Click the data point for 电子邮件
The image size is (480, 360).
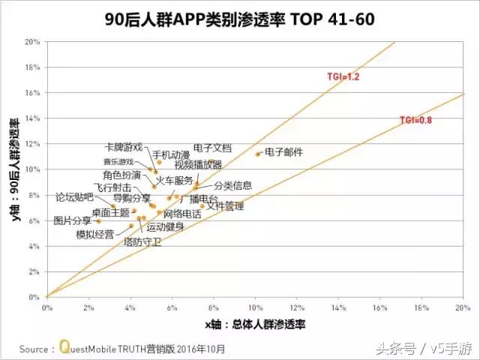coord(258,154)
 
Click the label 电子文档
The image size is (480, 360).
coord(212,148)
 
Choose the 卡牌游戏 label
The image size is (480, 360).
coord(123,148)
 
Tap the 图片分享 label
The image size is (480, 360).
coord(73,220)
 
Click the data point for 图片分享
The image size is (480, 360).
coord(98,221)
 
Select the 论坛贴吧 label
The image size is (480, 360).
coord(74,197)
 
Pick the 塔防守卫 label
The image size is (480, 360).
coord(142,241)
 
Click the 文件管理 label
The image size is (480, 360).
coord(225,205)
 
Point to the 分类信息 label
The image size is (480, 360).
coord(232,185)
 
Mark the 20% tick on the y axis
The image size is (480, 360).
coord(32,42)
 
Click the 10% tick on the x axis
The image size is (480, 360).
coord(255,307)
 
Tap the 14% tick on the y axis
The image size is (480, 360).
coord(32,118)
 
